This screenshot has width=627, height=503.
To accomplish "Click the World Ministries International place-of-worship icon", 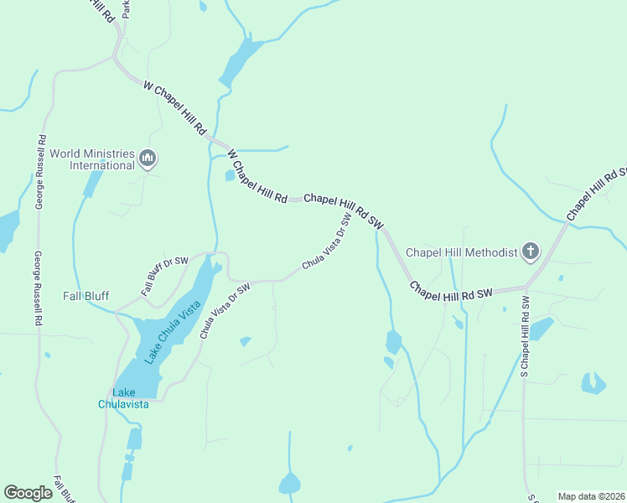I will coord(148,158).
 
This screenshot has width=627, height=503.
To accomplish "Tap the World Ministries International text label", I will coord(91,159).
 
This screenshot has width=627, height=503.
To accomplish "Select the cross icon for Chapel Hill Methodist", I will coord(530,251).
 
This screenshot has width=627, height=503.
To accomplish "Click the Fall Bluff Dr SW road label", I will coord(163,277).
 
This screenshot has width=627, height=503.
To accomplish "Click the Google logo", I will coord(28,492).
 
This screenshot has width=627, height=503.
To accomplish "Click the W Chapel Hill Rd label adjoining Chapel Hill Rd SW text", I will coord(256,176).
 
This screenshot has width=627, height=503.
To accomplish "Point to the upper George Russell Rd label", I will coord(40,172).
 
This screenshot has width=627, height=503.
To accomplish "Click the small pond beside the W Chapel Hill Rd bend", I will coord(230,175).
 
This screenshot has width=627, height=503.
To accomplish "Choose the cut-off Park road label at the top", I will coord(127,8).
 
